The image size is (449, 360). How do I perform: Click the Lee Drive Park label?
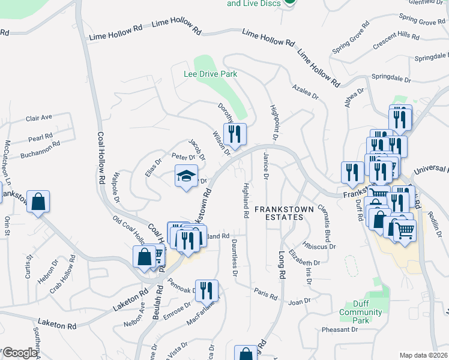pos(210,74)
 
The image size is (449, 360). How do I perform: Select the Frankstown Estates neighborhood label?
pos(279,212)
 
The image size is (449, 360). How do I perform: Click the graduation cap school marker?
pos(186,177)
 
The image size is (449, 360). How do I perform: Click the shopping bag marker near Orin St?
pos(38,202)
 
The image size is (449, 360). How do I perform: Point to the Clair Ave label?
pos(39,118)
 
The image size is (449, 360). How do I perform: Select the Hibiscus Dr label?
pos(319,246)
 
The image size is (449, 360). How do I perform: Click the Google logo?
pos(19,353)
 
